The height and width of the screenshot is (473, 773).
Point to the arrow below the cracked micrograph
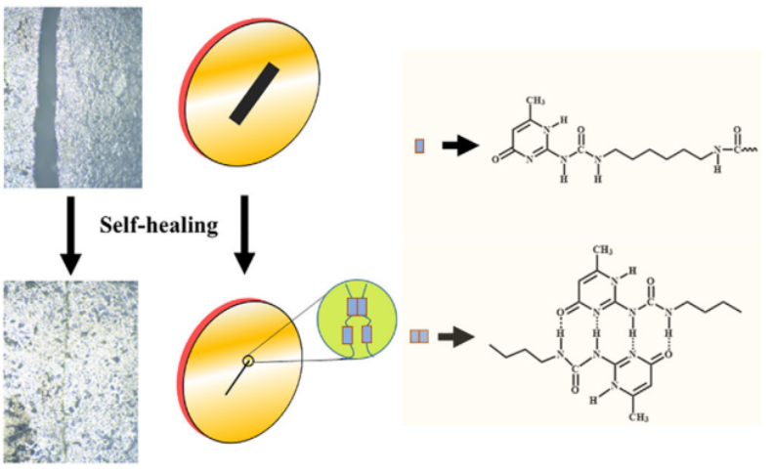pyautogui.click(x=70, y=230)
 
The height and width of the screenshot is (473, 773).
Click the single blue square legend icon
pyautogui.click(x=419, y=147)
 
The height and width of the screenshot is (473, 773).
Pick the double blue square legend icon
pyautogui.click(x=419, y=336)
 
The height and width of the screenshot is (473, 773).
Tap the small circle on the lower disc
pyautogui.click(x=249, y=361)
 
